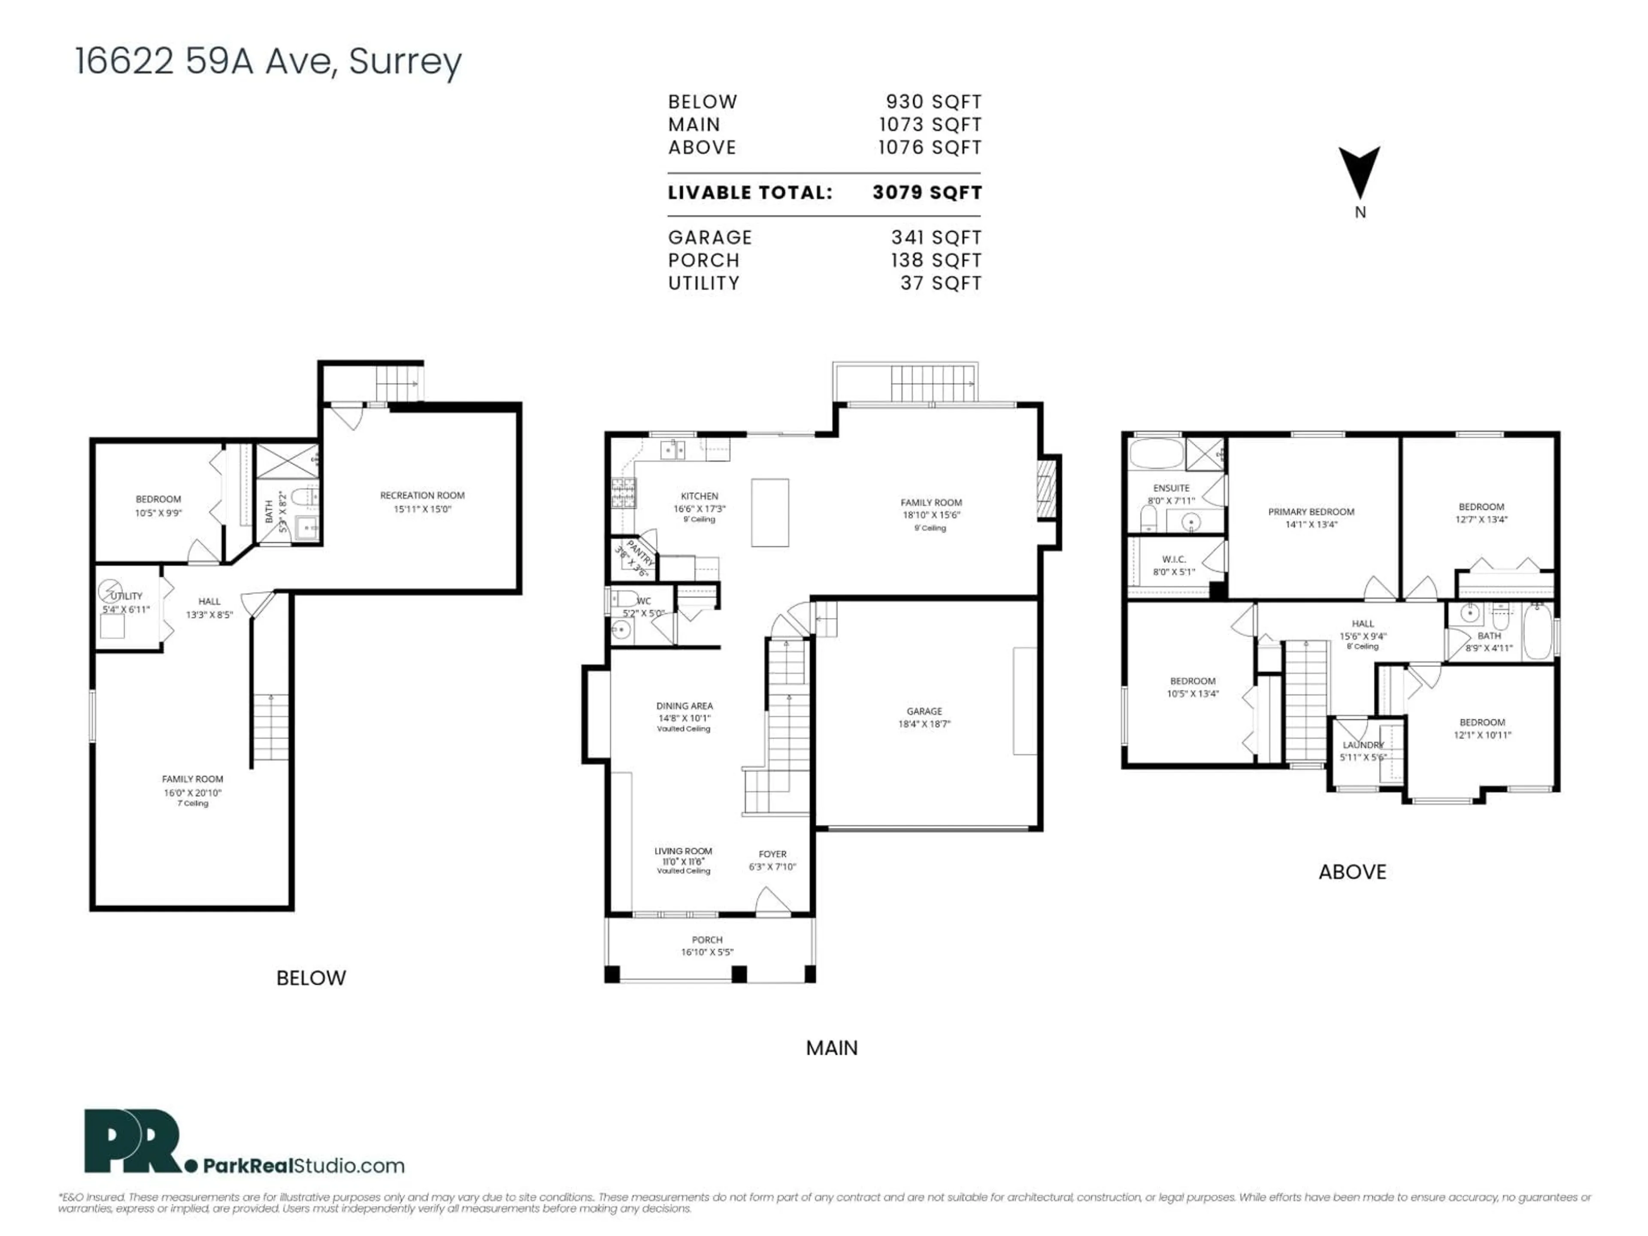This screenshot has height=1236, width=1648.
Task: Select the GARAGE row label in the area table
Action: (x=709, y=238)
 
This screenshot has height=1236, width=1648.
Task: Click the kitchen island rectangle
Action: (x=769, y=512)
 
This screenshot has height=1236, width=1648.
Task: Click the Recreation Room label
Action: (x=422, y=495)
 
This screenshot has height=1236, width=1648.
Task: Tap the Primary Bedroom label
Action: (x=1311, y=512)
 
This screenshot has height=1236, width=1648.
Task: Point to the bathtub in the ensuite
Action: (x=1156, y=453)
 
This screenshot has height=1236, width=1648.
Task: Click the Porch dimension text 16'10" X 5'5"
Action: (x=706, y=952)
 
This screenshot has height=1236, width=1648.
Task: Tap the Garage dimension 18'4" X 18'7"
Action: (x=924, y=724)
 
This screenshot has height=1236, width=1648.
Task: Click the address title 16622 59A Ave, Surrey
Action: (x=268, y=61)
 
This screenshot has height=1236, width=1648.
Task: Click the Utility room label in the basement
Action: (x=127, y=596)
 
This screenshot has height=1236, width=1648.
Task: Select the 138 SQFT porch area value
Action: (x=936, y=261)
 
